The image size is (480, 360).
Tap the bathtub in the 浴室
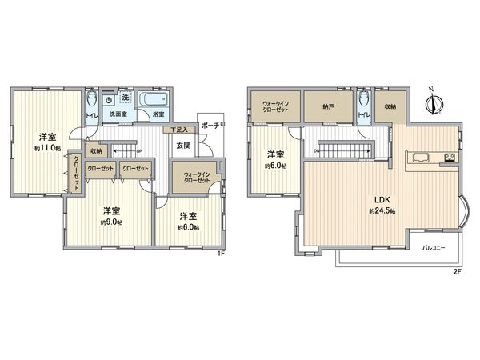pos(152,102)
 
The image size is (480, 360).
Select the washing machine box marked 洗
pos(125,96)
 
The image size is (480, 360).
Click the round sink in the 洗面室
pos(110,102)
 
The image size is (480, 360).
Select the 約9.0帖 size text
pos(112,222)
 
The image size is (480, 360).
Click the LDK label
pos(378,199)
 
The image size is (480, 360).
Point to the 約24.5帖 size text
pos(378,211)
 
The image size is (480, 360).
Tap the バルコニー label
pos(435,247)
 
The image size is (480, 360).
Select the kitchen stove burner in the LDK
pos(450,157)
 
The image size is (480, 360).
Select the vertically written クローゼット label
pos(77,174)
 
